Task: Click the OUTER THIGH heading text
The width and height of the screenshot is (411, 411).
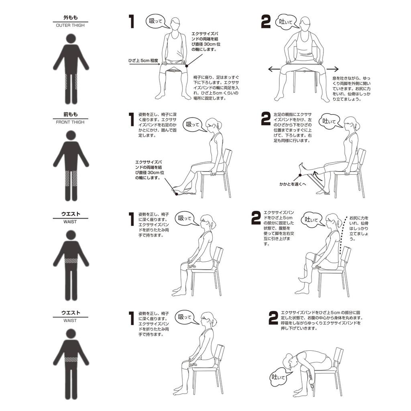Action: tap(70, 25)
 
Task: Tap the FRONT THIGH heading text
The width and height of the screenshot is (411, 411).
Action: tap(70, 122)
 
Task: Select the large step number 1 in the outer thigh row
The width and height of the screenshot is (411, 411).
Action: tap(132, 22)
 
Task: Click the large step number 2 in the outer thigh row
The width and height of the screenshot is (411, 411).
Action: tap(266, 22)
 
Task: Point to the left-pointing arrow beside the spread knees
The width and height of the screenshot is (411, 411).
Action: tap(274, 69)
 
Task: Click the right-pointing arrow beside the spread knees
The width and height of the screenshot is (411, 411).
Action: tap(332, 69)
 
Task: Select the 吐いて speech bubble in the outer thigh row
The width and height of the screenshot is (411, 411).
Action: tap(287, 22)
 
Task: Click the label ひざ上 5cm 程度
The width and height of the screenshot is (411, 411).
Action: tap(143, 61)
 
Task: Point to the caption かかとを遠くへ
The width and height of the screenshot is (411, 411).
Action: tap(293, 184)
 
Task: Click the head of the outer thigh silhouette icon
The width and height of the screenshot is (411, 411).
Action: tap(71, 39)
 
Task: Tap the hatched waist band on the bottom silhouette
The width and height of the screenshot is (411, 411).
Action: tap(71, 359)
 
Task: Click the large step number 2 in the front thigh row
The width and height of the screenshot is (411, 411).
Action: tap(266, 119)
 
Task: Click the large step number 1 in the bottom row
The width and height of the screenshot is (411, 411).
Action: tap(132, 318)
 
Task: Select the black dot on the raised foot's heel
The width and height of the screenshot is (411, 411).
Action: tap(300, 175)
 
